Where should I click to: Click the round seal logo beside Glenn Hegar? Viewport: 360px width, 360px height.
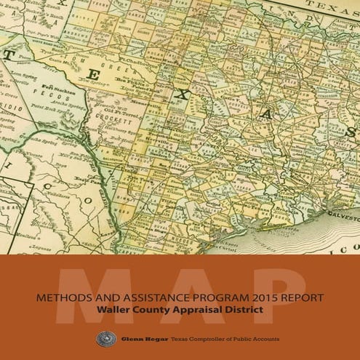click(x=101, y=338)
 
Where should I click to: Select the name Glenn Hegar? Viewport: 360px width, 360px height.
click(x=133, y=338)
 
